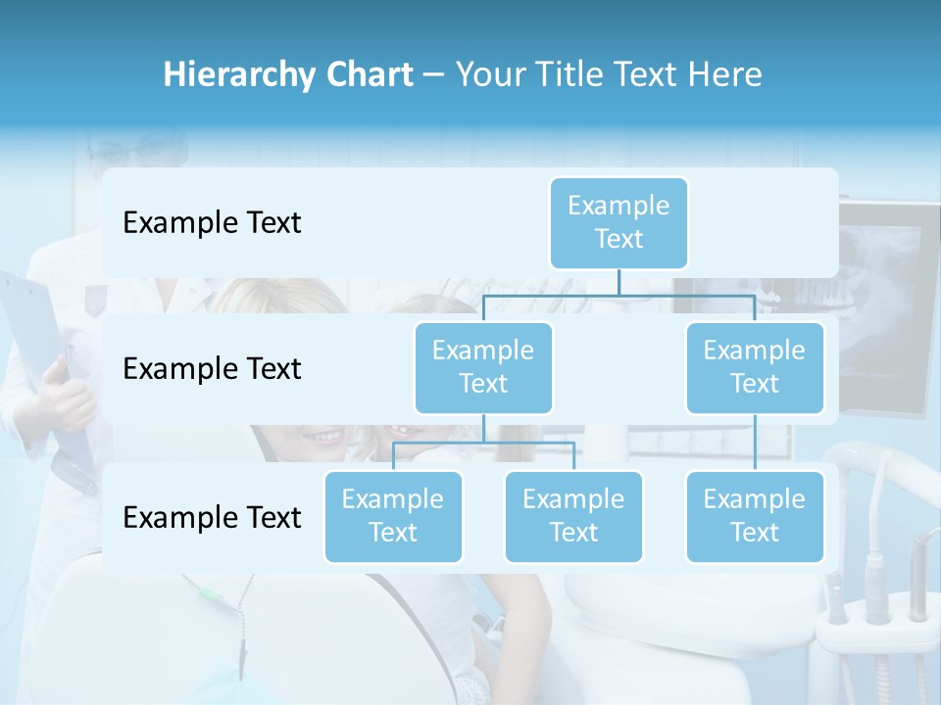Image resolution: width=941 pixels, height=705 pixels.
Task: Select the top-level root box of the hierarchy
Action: (x=619, y=222)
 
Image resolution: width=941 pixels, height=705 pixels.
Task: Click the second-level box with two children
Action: (x=483, y=367)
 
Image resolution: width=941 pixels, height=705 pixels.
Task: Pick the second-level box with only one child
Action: (x=755, y=367)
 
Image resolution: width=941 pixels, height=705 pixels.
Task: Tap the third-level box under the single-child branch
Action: (x=755, y=516)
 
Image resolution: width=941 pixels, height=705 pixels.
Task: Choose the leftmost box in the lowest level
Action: (x=393, y=516)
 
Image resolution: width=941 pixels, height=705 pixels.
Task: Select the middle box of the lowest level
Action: (x=573, y=516)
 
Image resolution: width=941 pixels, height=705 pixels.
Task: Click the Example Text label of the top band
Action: (x=212, y=223)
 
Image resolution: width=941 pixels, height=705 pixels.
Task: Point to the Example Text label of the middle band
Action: (x=212, y=369)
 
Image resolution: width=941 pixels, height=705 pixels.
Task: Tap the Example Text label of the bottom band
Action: (x=212, y=517)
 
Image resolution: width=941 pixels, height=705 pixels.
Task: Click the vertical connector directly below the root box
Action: (x=619, y=282)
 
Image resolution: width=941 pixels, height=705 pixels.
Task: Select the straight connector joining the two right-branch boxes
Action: (x=755, y=443)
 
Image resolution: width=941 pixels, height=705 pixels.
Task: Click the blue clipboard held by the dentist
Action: (x=29, y=333)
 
